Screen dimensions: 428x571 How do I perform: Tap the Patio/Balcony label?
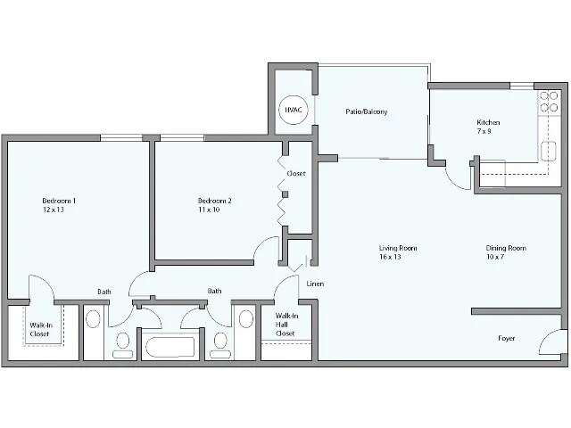(x=366, y=111)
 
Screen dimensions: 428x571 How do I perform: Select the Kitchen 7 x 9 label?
(x=488, y=127)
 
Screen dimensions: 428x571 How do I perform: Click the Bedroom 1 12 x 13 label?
(x=59, y=206)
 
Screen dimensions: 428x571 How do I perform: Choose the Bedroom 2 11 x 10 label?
(x=214, y=206)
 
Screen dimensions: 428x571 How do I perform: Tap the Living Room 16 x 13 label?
(x=398, y=251)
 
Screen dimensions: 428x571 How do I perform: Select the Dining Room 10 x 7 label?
(x=506, y=251)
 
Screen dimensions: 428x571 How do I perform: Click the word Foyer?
(x=508, y=339)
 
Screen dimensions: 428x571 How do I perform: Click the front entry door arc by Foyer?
(x=551, y=341)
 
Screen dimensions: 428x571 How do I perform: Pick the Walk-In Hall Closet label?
(x=286, y=325)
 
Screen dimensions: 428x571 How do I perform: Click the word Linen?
(x=314, y=284)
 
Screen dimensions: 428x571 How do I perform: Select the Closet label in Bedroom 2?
(x=296, y=173)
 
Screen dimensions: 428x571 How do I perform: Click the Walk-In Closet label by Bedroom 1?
(x=39, y=329)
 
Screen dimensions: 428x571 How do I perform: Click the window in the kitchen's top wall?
(x=522, y=86)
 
